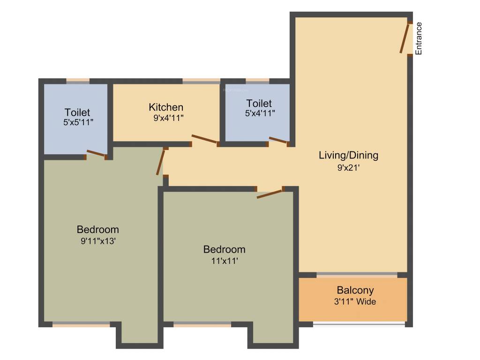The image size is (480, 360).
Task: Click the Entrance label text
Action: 419,38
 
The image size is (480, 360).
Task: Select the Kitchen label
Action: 166,107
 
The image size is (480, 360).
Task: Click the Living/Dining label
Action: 348,155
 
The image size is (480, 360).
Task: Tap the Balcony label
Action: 355,291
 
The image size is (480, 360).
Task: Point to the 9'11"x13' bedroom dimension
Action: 98,241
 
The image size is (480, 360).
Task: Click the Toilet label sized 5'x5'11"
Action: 77,112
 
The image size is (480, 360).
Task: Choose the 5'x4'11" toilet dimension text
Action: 259,113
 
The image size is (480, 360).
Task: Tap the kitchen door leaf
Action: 204,139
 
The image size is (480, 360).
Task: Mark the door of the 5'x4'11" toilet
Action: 278,140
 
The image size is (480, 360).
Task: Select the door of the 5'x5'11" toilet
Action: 96,153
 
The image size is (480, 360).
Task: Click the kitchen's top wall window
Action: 201,81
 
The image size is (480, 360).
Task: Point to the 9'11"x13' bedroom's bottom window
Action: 81,324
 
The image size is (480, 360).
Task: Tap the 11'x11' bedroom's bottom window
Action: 202,324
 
